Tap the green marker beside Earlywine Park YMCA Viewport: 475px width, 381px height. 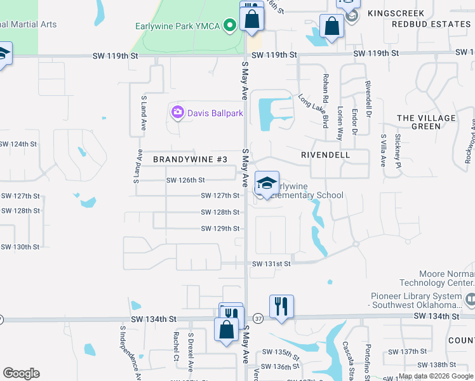coord(230,26)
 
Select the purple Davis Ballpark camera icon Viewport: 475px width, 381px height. coord(178,113)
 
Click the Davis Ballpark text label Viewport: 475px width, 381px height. coord(215,114)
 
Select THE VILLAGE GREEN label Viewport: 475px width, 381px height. coord(426,122)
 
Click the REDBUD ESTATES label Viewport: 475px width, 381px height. coord(431,24)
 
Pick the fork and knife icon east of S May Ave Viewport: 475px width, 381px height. coord(281,306)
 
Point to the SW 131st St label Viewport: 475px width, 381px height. coord(271,264)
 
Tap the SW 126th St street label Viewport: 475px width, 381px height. coord(185,180)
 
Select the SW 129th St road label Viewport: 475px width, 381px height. coord(220,229)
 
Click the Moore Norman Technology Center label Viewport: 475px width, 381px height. coord(438,277)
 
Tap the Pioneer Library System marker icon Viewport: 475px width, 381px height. coord(470,298)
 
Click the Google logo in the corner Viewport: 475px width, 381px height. coord(21,373)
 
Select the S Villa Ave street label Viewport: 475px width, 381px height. coord(384,150)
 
